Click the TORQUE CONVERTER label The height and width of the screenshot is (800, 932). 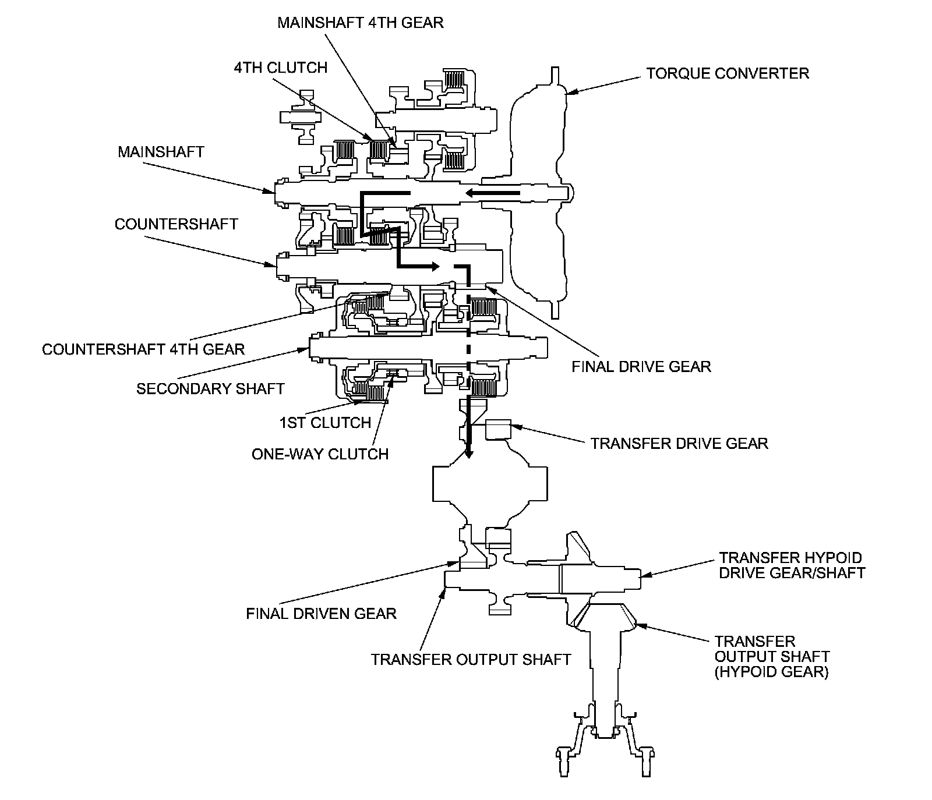[727, 73]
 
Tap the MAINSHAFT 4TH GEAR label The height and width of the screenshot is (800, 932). [360, 23]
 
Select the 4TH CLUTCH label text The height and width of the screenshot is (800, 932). [281, 68]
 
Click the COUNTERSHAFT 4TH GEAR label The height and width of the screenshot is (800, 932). [143, 349]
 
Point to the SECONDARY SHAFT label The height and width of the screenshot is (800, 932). [210, 388]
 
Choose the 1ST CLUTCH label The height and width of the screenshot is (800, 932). [325, 423]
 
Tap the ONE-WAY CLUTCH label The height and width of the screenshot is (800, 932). [320, 454]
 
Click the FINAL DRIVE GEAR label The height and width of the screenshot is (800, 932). [641, 367]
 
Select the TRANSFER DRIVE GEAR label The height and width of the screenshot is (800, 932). [679, 443]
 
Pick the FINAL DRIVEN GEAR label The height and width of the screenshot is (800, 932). [321, 613]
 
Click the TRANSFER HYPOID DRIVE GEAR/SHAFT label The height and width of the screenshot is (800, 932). [792, 565]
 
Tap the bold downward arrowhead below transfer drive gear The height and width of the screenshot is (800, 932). [467, 453]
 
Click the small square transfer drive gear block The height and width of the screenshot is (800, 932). [497, 430]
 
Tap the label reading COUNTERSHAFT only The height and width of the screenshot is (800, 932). [176, 224]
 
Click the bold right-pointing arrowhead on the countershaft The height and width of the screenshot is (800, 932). [434, 267]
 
